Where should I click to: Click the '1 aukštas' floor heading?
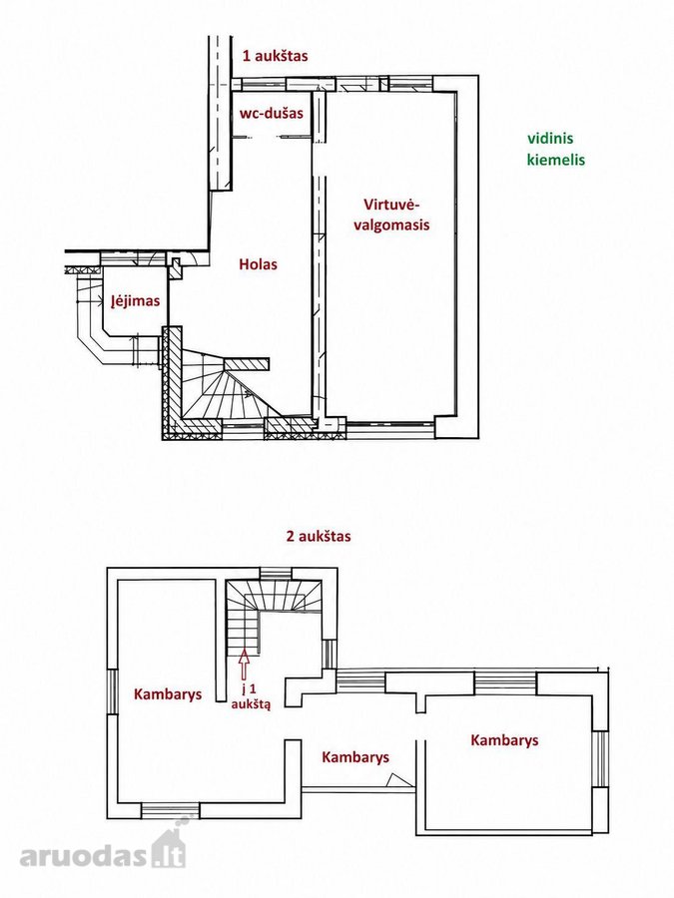pos(276,56)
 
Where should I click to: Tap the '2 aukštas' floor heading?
pos(319,537)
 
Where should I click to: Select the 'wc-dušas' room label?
pos(271,113)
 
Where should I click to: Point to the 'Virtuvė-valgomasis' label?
pos(391,215)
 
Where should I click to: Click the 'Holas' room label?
pos(258,264)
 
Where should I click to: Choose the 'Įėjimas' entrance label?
pos(135,300)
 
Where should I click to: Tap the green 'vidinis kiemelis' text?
pos(556,149)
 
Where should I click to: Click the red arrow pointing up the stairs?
pos(245,665)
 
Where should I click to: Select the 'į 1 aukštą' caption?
pos(251,695)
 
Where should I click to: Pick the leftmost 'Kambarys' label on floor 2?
pos(168,694)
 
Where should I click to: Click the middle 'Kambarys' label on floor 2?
pos(355,757)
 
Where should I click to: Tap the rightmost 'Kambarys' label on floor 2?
pos(504,740)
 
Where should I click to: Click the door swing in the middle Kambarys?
pos(398,780)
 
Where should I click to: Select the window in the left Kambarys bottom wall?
pos(170,811)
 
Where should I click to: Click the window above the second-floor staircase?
pos(276,574)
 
